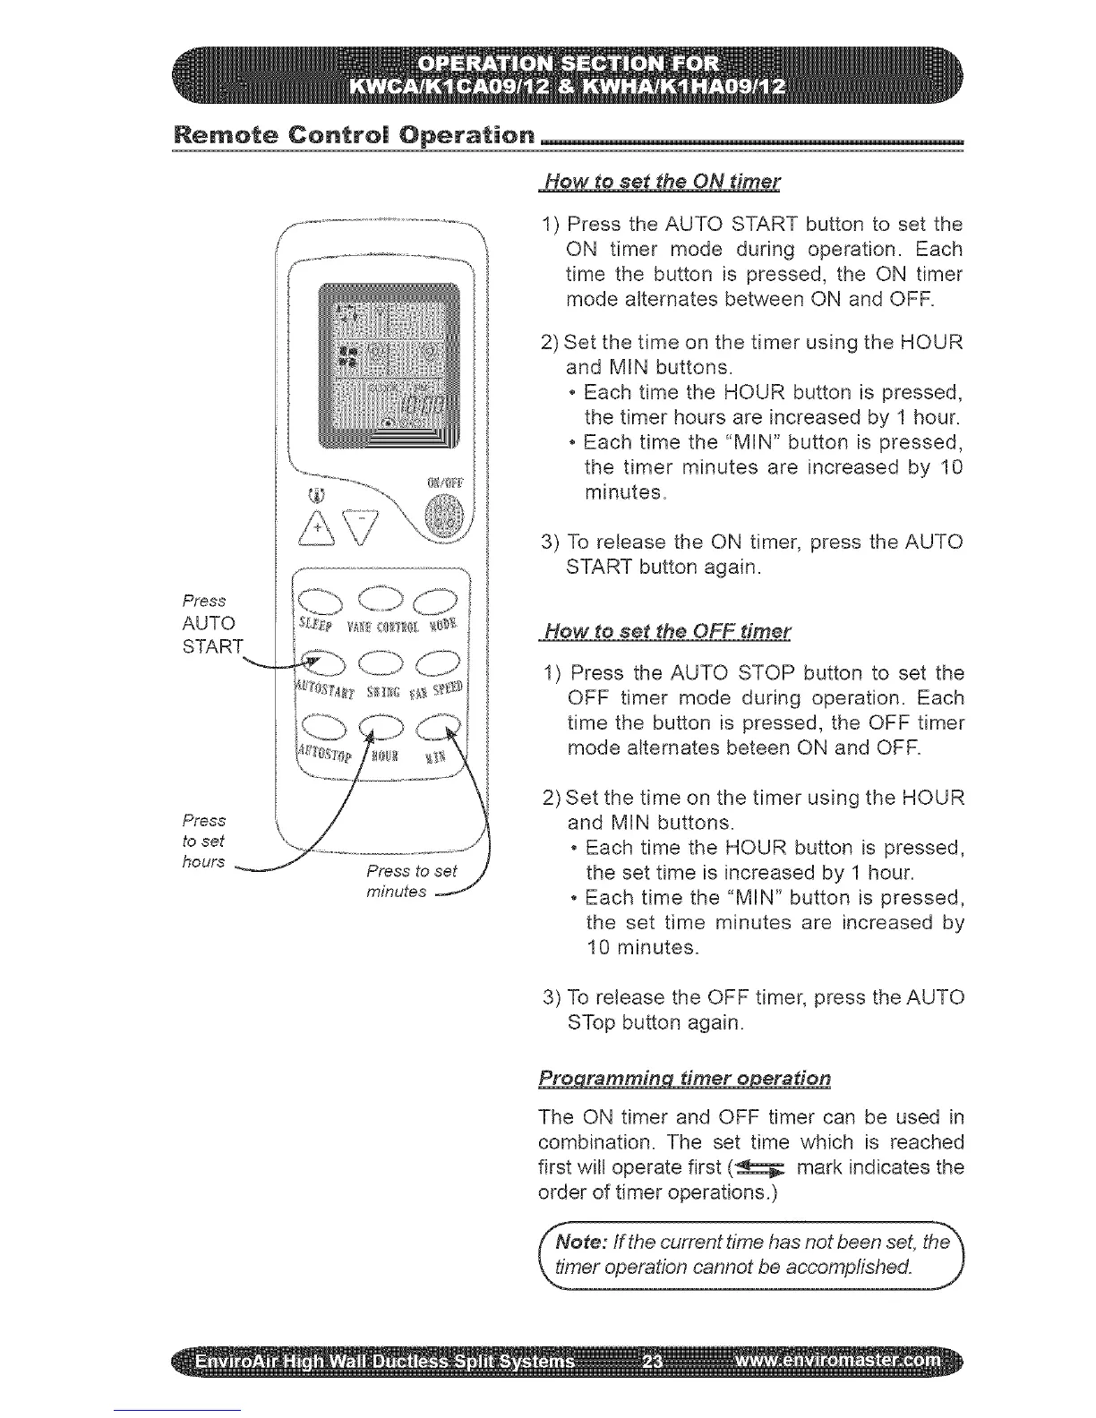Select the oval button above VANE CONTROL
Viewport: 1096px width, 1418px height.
(x=381, y=598)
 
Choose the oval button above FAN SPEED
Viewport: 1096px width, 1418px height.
(x=438, y=662)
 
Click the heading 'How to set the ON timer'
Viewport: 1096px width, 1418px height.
(x=661, y=183)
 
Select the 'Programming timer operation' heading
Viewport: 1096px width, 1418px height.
(x=684, y=1079)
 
